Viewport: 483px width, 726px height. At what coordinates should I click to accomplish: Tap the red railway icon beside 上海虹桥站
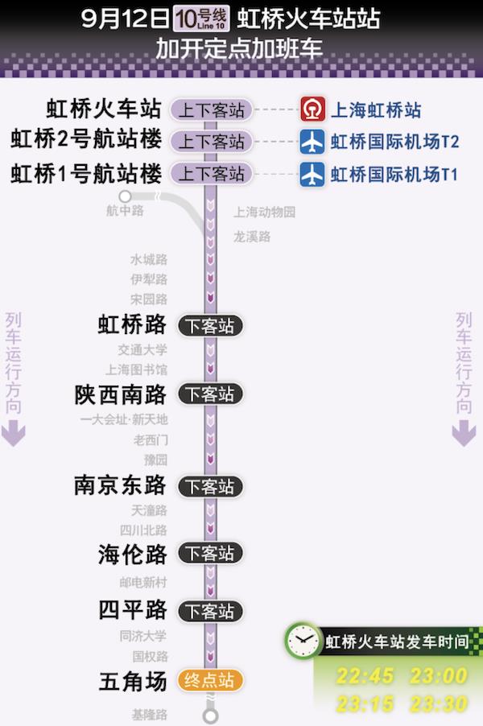click(312, 109)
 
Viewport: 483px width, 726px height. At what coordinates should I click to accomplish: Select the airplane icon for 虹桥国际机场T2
click(312, 142)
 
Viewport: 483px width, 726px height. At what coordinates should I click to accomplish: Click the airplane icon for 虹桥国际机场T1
click(312, 174)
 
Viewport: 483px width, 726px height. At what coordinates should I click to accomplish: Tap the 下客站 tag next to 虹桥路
click(209, 326)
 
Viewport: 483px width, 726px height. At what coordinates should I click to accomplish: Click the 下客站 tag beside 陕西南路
click(209, 394)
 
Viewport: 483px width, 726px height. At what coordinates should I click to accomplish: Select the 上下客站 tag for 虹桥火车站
click(211, 109)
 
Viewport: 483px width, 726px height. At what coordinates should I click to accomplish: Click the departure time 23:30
click(439, 703)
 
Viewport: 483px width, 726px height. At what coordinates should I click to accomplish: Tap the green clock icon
click(302, 641)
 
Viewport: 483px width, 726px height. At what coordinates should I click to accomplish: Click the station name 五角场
click(133, 681)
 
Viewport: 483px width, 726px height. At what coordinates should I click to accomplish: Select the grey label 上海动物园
click(265, 212)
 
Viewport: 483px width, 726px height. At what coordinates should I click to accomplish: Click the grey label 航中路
click(125, 211)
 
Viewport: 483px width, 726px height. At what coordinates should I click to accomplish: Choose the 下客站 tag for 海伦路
click(209, 554)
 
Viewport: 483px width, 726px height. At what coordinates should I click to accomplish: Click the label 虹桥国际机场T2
click(394, 142)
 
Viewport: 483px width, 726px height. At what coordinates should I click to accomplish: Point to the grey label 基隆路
click(150, 715)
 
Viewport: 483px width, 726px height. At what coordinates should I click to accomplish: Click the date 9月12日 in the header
click(125, 18)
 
